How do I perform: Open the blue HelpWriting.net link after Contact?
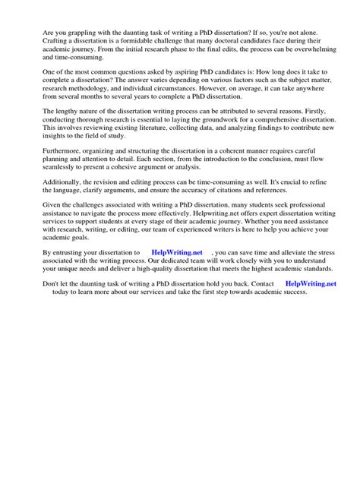(x=311, y=327)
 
